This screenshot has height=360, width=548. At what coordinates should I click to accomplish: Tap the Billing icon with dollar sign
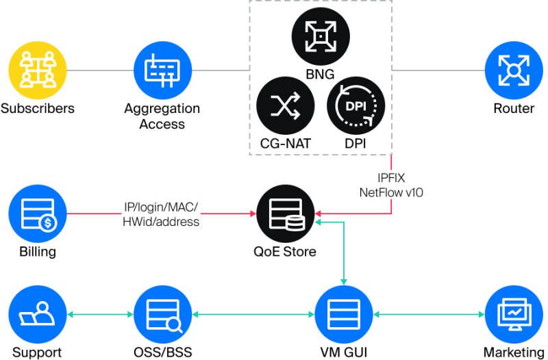(37, 213)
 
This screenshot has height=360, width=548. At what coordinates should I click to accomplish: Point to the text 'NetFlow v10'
(391, 193)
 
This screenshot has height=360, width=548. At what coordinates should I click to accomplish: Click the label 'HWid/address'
(161, 222)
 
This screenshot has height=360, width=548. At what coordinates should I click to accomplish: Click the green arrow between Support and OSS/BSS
(100, 315)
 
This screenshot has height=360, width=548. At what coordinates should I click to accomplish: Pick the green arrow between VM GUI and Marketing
(428, 315)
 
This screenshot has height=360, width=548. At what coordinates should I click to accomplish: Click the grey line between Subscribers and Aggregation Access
(99, 70)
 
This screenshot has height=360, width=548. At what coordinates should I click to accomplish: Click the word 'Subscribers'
(37, 108)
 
